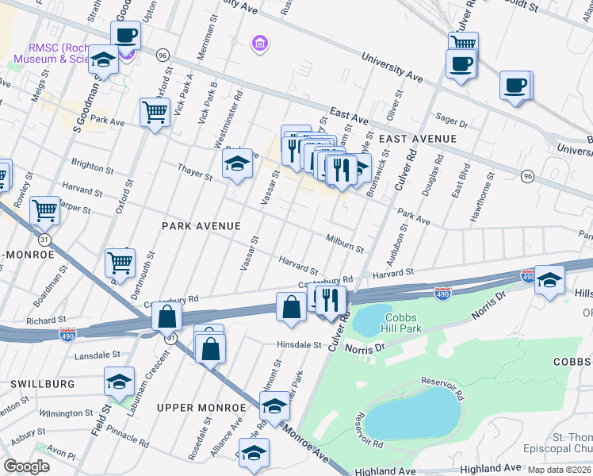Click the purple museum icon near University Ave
(x=259, y=42)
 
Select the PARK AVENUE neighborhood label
(x=201, y=226)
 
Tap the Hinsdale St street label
(x=298, y=345)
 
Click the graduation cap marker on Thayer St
(x=236, y=163)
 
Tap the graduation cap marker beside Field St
(x=119, y=382)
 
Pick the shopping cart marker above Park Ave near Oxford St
(x=155, y=111)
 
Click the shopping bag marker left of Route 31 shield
(x=167, y=317)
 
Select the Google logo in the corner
(x=26, y=466)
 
